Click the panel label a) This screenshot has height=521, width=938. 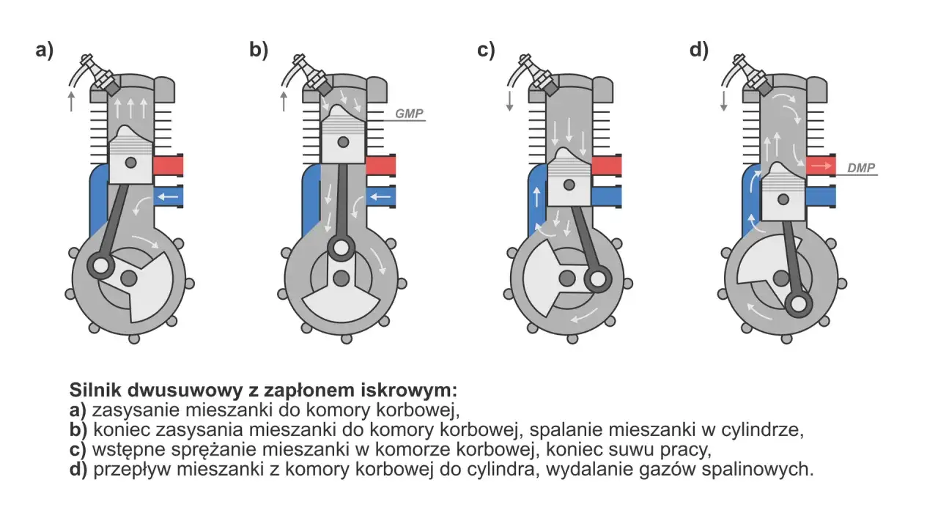tap(44, 51)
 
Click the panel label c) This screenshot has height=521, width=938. tap(486, 51)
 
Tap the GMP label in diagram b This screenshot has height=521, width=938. tap(408, 114)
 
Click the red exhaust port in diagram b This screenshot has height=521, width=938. tap(380, 166)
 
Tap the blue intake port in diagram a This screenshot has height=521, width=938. tap(169, 196)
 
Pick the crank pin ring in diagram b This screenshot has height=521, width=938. tap(340, 248)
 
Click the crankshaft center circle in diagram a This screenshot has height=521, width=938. tap(129, 277)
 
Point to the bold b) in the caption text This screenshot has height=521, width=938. tap(78, 429)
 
